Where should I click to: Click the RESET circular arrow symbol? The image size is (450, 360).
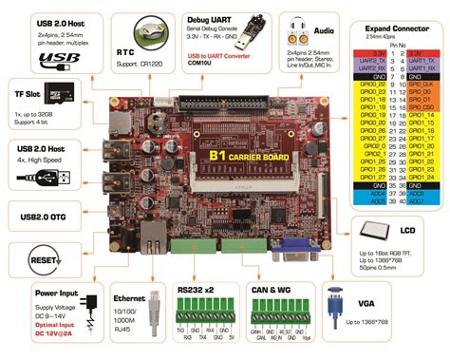38,234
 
